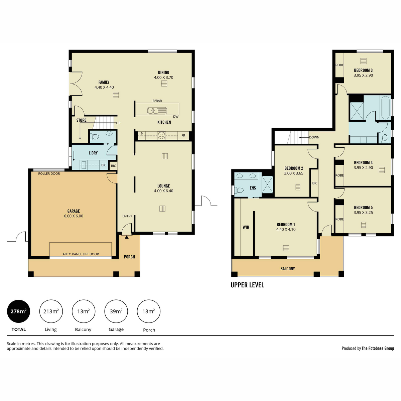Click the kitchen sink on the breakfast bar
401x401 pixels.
point(157,111)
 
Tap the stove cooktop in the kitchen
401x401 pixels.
point(161,135)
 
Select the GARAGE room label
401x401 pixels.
point(74,211)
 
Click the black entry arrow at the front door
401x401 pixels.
point(127,237)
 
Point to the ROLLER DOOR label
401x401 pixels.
point(49,173)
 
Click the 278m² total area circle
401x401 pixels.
point(18,311)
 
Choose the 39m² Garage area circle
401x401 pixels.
point(116,311)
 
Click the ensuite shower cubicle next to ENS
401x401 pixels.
point(267,184)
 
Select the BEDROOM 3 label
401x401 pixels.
point(363,70)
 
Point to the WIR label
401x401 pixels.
point(246,227)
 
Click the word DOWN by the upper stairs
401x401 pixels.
point(314,137)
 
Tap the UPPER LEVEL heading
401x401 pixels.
point(247,285)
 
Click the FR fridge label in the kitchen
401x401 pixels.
point(183,135)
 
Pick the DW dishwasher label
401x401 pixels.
point(176,117)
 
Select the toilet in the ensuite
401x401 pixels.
point(239,190)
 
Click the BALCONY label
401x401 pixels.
point(288,269)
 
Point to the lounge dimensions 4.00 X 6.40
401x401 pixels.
point(163,191)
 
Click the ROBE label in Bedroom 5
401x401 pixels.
point(340,219)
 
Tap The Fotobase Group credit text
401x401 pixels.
point(378,348)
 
